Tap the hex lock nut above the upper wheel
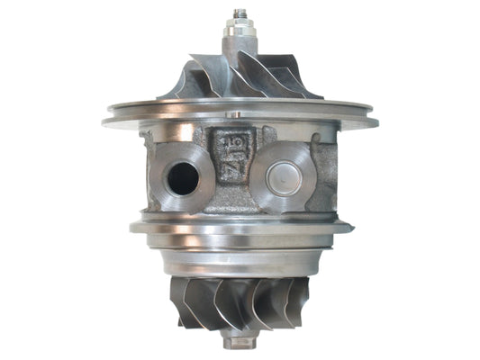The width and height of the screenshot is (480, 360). (x=240, y=31)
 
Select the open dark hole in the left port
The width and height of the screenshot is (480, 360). (x=183, y=176)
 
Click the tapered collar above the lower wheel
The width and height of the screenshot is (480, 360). (x=240, y=261)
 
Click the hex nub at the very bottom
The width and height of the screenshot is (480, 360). (x=239, y=343)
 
